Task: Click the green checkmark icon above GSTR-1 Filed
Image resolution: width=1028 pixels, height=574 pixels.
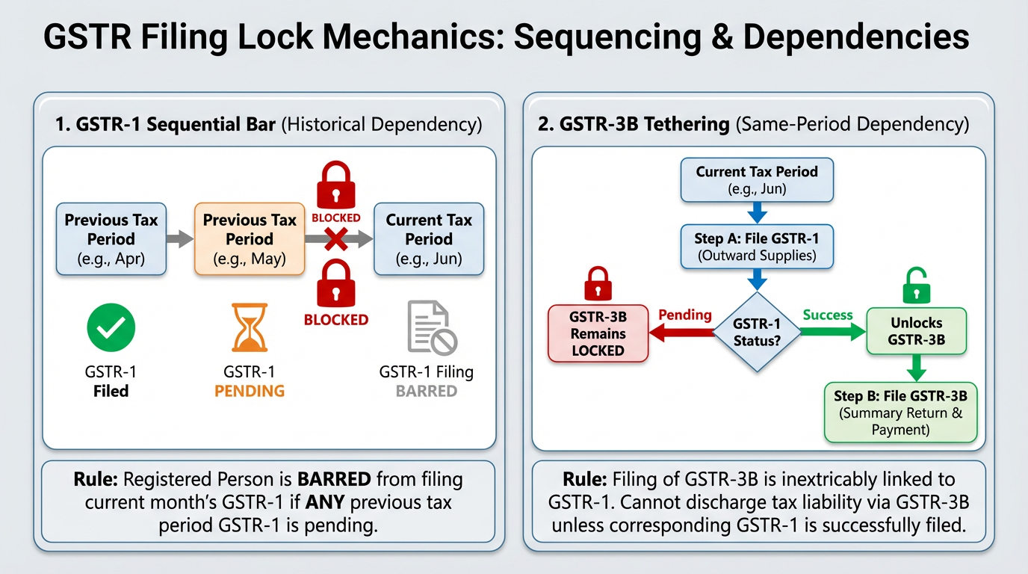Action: click(x=111, y=328)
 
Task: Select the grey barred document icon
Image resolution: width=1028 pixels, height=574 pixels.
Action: click(x=431, y=327)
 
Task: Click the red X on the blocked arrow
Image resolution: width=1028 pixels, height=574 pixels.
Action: click(x=335, y=239)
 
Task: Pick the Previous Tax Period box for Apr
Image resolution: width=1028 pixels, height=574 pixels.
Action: click(x=111, y=239)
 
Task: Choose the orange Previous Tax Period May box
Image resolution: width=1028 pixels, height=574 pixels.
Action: click(x=250, y=239)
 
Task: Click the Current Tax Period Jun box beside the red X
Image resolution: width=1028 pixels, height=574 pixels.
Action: click(x=429, y=239)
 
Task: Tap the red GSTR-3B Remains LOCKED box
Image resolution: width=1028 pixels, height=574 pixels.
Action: click(x=598, y=333)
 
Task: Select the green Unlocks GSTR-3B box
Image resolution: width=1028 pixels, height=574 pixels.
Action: click(x=916, y=331)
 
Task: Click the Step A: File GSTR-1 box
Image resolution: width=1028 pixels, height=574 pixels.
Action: click(x=757, y=246)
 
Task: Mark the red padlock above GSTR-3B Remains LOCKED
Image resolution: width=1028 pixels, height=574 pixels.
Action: click(x=598, y=283)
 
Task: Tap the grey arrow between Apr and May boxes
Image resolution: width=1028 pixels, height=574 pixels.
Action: click(x=180, y=240)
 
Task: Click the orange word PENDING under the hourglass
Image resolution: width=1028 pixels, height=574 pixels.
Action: click(x=250, y=391)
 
